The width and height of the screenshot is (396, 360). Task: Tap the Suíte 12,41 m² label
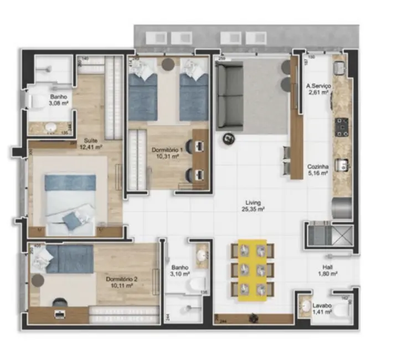point(91,144)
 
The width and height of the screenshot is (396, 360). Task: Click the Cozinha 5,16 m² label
point(318,169)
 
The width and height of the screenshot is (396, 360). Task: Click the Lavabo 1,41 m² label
point(322,308)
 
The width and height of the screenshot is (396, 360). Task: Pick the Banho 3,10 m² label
point(181,270)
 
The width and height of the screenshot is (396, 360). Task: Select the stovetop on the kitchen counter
point(341,127)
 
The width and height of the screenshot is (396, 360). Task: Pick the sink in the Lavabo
point(306,305)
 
